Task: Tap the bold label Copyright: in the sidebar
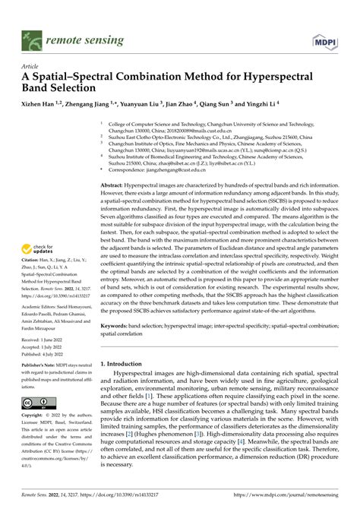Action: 33,417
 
